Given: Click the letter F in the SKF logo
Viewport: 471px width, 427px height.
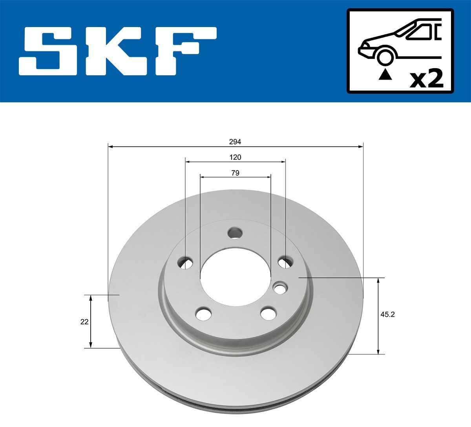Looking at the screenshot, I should [x=186, y=51].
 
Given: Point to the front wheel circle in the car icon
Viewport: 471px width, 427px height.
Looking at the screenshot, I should [x=385, y=57].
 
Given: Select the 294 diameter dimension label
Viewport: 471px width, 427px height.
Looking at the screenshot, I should [x=235, y=142].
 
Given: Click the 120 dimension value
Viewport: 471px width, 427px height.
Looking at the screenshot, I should [x=235, y=157].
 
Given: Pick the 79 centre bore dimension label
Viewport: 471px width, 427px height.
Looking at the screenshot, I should [x=235, y=173].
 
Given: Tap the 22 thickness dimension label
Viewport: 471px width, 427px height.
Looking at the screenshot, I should [x=84, y=322].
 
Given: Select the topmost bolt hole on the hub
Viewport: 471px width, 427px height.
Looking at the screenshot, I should [x=235, y=233].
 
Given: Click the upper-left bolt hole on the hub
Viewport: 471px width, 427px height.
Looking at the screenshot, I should [x=185, y=263].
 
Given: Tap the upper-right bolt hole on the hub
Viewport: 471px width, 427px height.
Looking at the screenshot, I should [x=285, y=262].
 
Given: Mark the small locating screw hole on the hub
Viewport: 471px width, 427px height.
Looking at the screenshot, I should [x=280, y=288].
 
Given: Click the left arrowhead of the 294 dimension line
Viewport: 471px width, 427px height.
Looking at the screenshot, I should [x=111, y=147].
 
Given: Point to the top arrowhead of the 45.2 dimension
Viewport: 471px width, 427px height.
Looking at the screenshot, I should [x=378, y=280].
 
